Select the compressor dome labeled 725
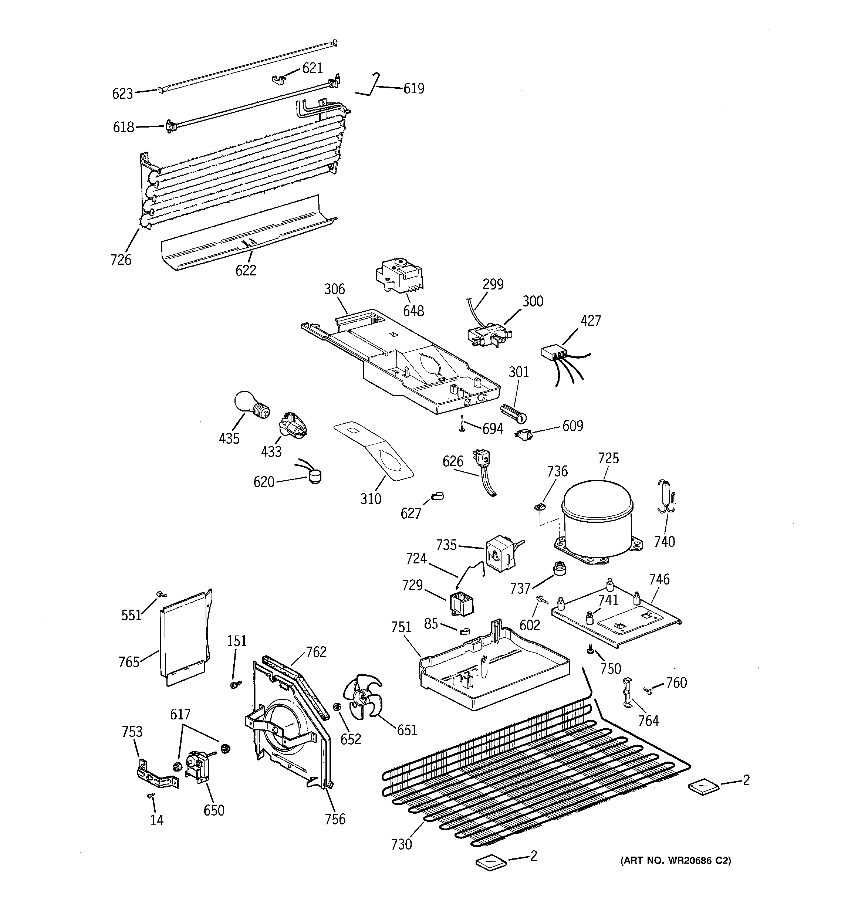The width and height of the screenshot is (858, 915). pyautogui.click(x=598, y=516)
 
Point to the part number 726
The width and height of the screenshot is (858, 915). pyautogui.click(x=121, y=260)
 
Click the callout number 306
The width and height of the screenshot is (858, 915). pyautogui.click(x=334, y=289)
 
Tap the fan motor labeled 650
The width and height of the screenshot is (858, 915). pyautogui.click(x=197, y=767)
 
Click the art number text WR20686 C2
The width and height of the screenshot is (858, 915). pyautogui.click(x=675, y=860)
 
